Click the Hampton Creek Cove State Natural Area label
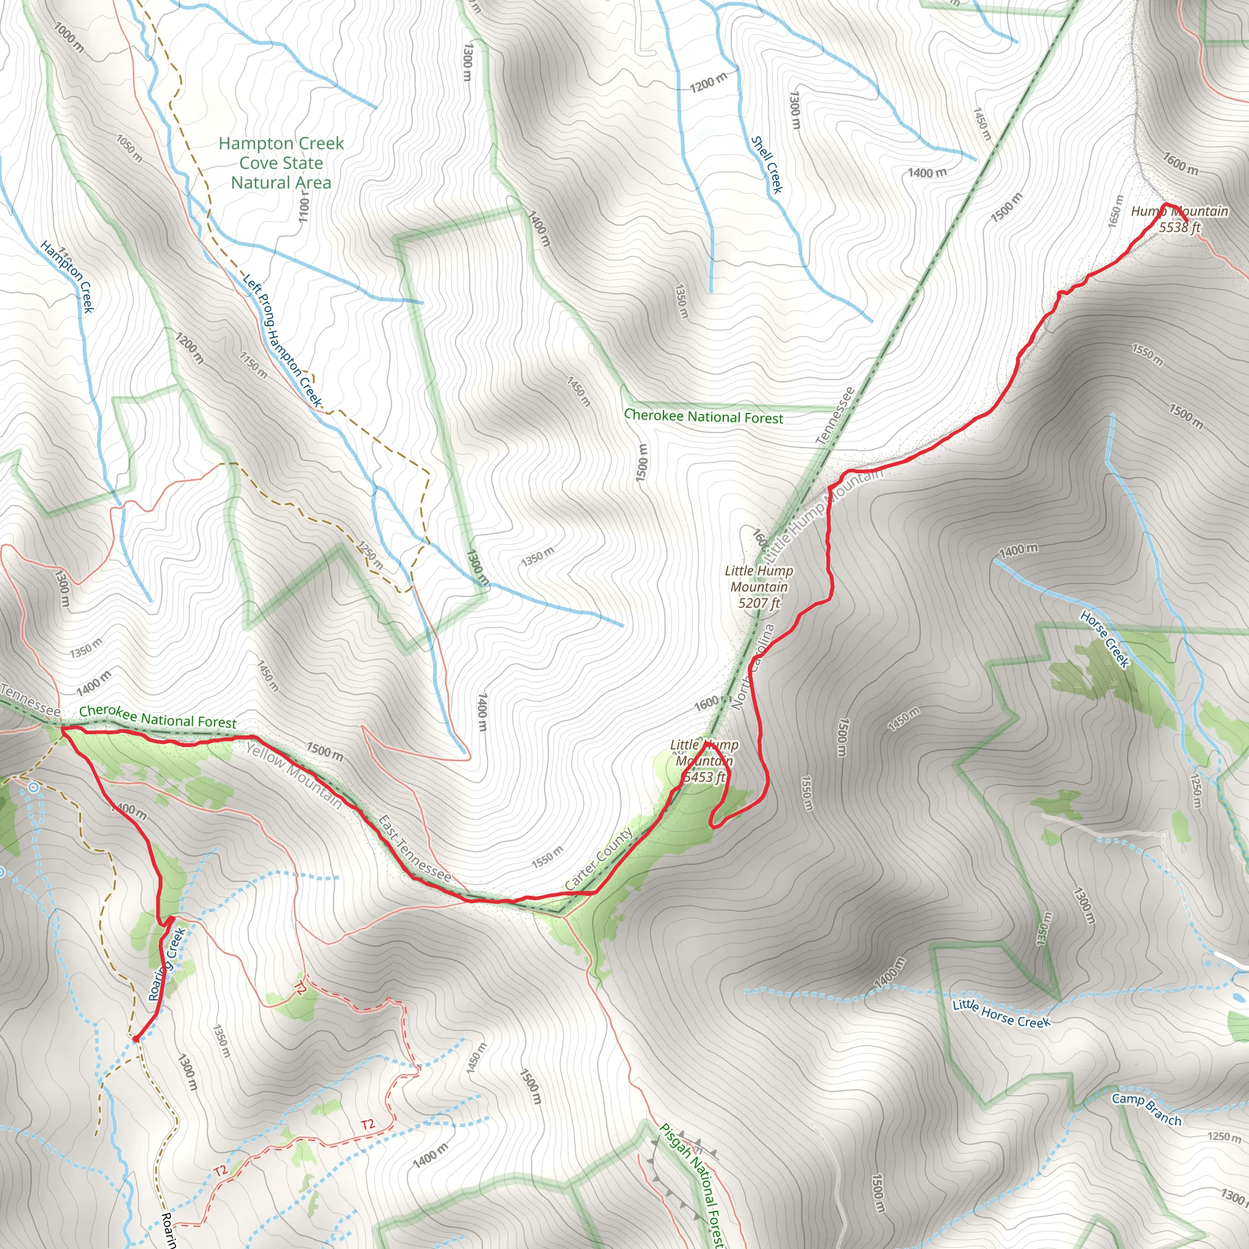(281, 163)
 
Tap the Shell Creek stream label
(767, 164)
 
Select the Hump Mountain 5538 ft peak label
(1179, 219)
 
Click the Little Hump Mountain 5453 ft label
(704, 761)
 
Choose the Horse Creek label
(1105, 639)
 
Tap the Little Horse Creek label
(1001, 1013)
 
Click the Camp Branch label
(1146, 1109)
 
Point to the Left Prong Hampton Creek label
(282, 340)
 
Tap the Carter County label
(599, 859)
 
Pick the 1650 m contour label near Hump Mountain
(1116, 211)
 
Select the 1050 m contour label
(129, 148)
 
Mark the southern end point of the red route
(136, 1039)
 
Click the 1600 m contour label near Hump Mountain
(1181, 163)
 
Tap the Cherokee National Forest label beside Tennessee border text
(158, 717)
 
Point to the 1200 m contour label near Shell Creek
(708, 82)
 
